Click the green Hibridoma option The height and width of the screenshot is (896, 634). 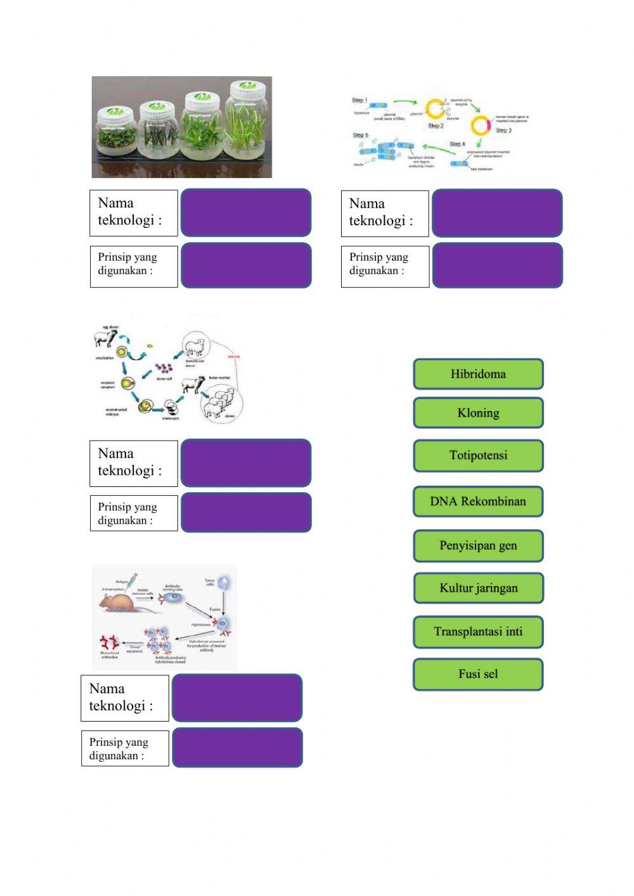pos(478,374)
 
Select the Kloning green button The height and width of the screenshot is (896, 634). pos(478,413)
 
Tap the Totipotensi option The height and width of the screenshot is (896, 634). pos(478,455)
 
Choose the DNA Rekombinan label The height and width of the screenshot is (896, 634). pos(478,502)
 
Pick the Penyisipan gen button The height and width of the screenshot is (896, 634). pos(478,546)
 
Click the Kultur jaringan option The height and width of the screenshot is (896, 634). pos(478,588)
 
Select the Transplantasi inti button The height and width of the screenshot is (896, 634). pos(478,632)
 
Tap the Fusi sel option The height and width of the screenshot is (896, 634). pos(478,674)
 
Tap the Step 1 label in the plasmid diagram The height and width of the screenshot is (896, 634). pos(359,100)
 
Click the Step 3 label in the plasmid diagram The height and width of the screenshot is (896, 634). pos(503,130)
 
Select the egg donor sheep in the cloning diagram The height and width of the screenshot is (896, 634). pos(105,338)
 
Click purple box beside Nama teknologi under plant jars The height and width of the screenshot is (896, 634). pos(246,213)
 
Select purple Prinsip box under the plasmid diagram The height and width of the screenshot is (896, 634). pos(497,266)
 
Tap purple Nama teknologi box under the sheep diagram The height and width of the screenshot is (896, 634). pos(246,463)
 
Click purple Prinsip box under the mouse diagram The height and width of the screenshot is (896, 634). pos(237,748)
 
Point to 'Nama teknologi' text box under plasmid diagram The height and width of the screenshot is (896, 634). pos(384,214)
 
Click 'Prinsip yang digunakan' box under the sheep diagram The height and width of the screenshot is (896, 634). pos(134,514)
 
